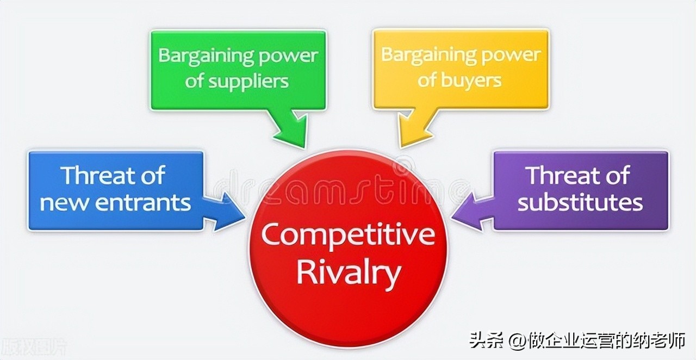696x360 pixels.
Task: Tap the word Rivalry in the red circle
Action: coord(348,274)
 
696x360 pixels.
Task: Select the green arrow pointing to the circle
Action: coord(291,131)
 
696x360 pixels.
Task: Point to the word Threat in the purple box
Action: coord(560,176)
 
